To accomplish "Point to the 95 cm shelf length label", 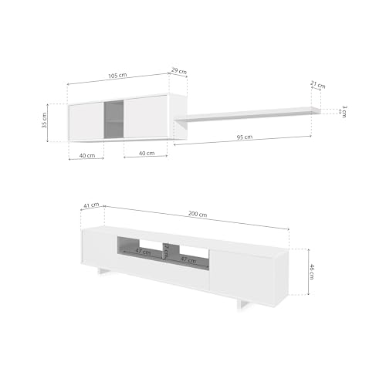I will click(244, 137).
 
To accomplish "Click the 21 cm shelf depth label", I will click(318, 85).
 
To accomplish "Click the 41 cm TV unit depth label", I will click(90, 205).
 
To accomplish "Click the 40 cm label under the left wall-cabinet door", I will click(86, 154).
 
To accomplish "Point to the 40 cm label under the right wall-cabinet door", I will click(146, 153).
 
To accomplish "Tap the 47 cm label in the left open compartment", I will click(142, 252).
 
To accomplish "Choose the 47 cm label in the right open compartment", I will click(188, 260).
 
